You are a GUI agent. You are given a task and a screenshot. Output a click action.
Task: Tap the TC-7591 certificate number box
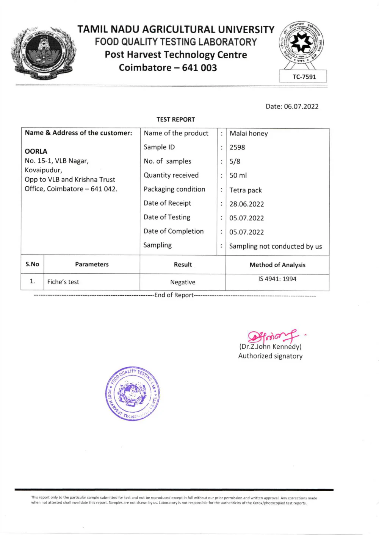pyautogui.click(x=304, y=76)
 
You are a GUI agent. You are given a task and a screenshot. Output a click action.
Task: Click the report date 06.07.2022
pyautogui.click(x=301, y=106)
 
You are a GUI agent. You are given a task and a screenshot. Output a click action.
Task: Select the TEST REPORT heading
pyautogui.click(x=175, y=120)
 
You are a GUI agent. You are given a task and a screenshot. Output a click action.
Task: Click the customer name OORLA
pyautogui.click(x=36, y=151)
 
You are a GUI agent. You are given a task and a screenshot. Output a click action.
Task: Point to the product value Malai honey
pyautogui.click(x=249, y=133)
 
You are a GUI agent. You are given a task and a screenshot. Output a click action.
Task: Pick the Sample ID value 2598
pyautogui.click(x=237, y=147)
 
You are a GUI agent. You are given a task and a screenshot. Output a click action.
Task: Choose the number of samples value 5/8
pyautogui.click(x=235, y=161)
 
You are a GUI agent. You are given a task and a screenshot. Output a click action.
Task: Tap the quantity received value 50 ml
pyautogui.click(x=238, y=175)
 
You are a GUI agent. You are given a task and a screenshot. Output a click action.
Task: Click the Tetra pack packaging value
pyautogui.click(x=246, y=190)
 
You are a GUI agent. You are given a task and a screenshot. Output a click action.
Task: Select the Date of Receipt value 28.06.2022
pyautogui.click(x=247, y=204)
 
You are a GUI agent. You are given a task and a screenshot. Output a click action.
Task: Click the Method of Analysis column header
pyautogui.click(x=277, y=265)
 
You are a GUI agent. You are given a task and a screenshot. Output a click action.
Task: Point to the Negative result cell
pyautogui.click(x=183, y=282)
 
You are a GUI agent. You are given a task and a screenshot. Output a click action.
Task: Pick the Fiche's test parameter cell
pyautogui.click(x=63, y=282)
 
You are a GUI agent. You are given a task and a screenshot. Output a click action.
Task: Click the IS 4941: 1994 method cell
pyautogui.click(x=277, y=279)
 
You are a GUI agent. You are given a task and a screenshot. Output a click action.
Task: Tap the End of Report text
pyautogui.click(x=174, y=295)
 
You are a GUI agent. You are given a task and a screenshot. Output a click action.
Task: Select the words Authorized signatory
pyautogui.click(x=270, y=356)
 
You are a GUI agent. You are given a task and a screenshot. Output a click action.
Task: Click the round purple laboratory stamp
pyautogui.click(x=133, y=394)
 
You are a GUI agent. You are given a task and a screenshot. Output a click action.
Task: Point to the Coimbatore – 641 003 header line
pyautogui.click(x=168, y=68)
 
